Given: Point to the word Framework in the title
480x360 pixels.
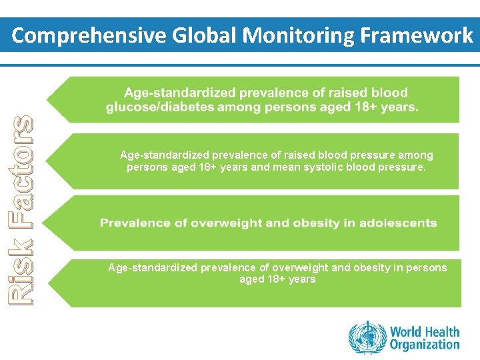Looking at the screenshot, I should pos(415,35).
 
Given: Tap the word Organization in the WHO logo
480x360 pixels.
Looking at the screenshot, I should pos(425,345).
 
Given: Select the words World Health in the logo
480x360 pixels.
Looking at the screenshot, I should pos(425,331).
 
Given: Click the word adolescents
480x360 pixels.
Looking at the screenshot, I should pos(399,223).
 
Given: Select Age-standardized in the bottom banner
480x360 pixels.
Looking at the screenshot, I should pos(153,267).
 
